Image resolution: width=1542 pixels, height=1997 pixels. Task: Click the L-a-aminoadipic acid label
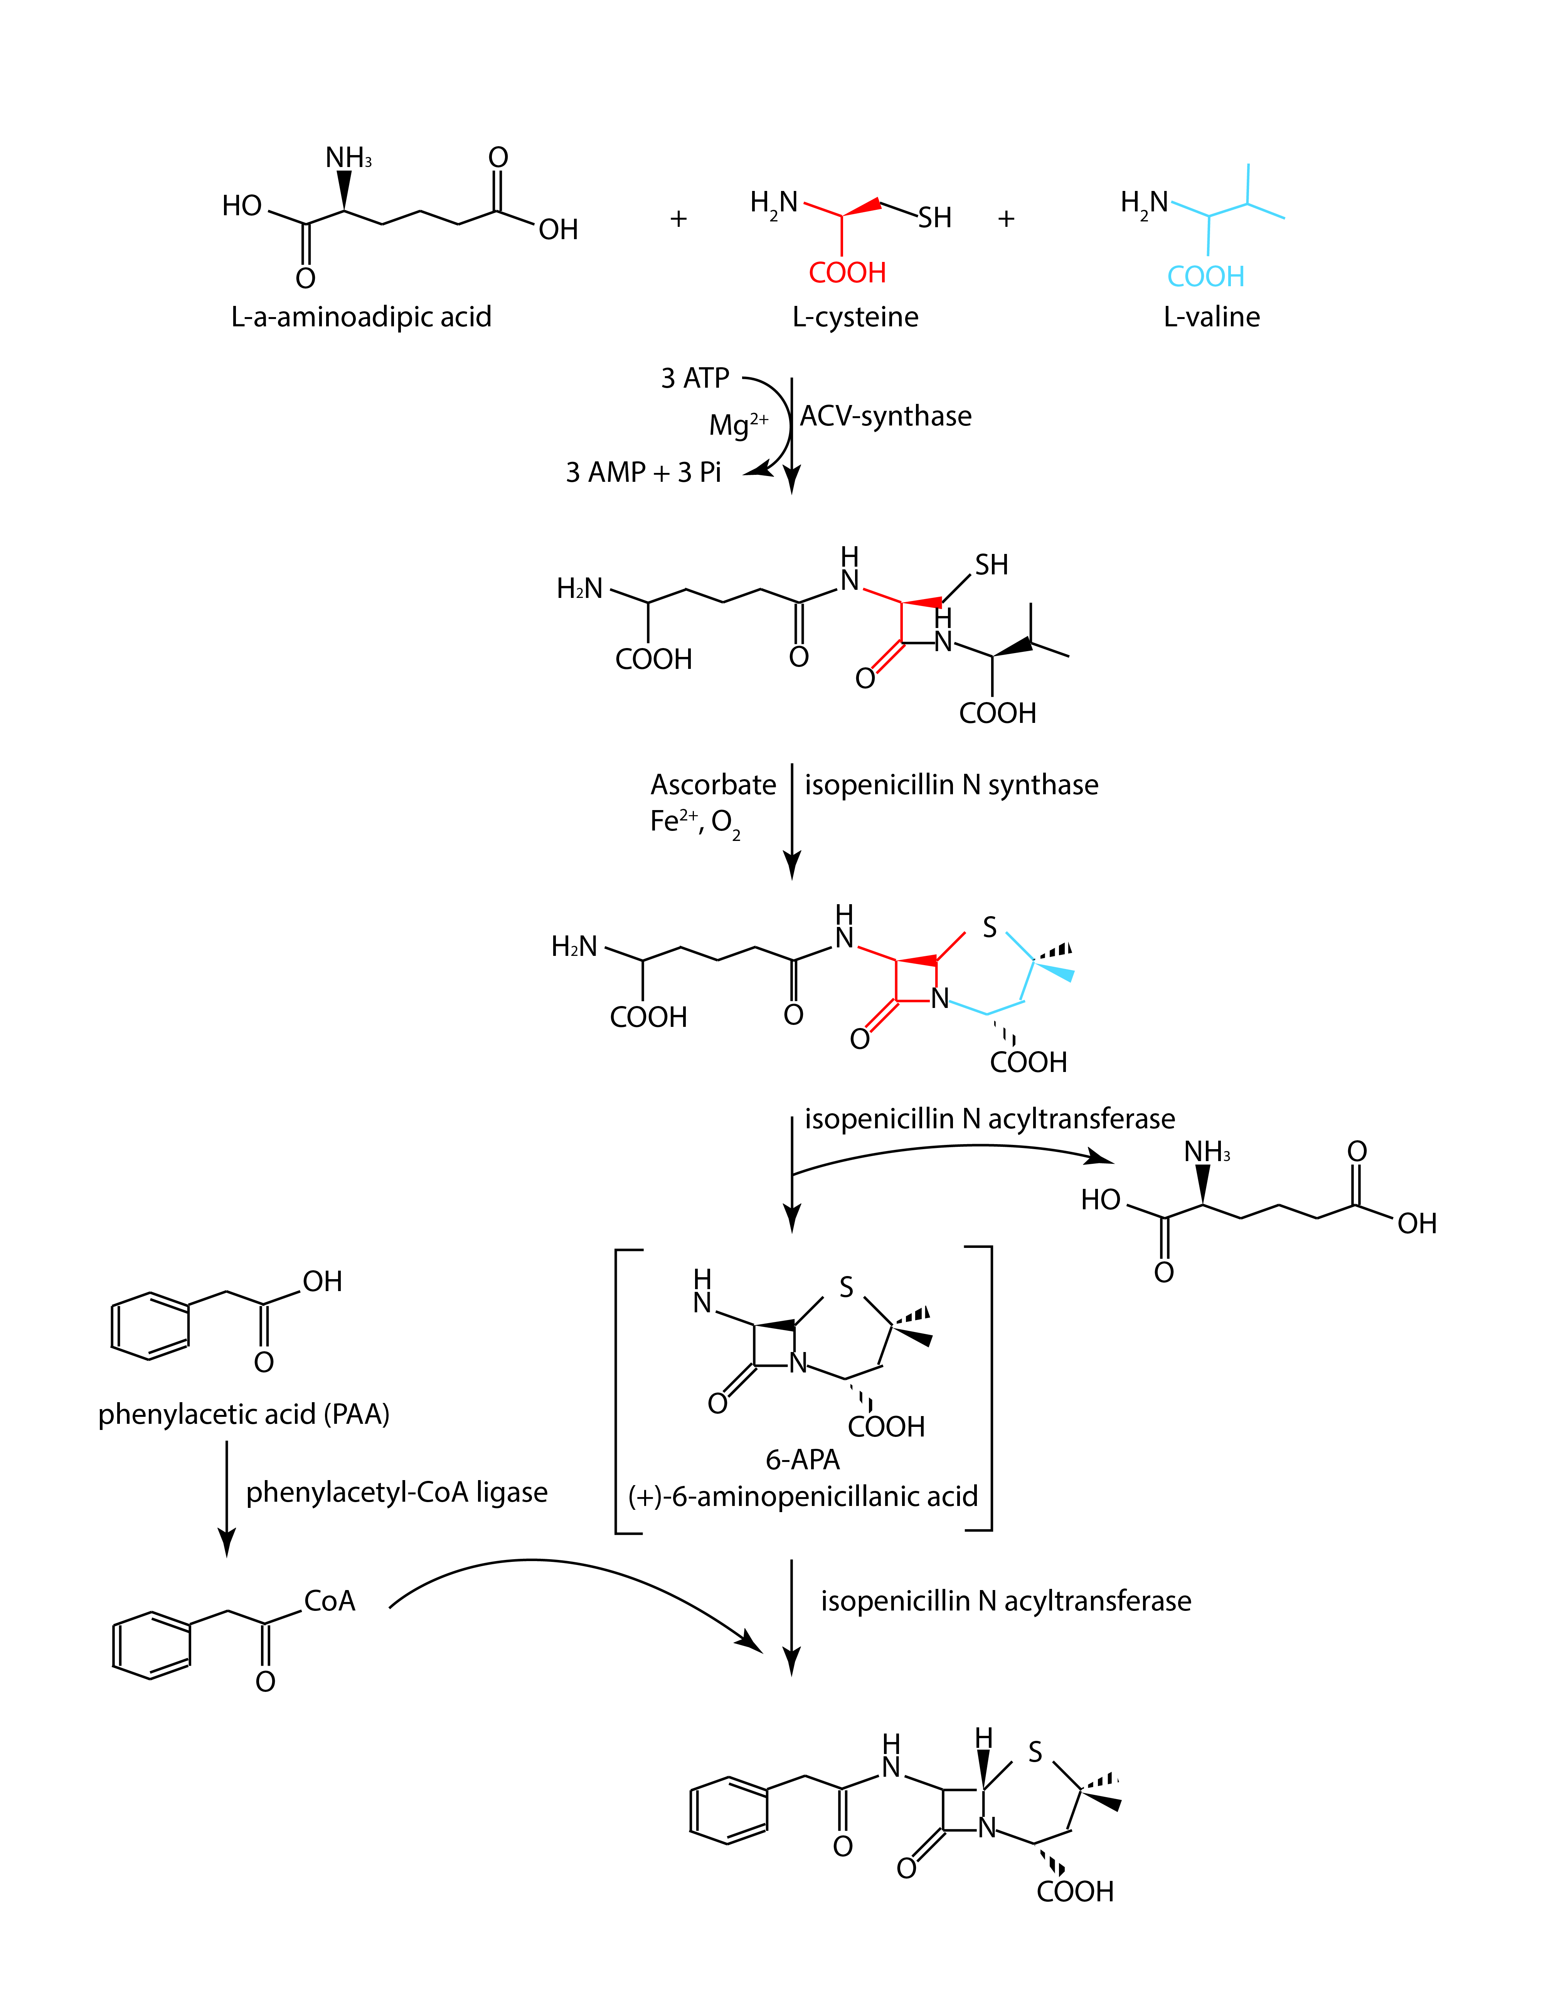pos(361,317)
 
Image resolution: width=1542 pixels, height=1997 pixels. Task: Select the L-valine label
pos(1211,317)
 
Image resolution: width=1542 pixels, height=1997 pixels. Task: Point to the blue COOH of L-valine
pos(1205,276)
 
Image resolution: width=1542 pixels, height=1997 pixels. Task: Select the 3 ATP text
pos(695,378)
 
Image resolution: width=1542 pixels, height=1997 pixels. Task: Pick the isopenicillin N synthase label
pos(951,785)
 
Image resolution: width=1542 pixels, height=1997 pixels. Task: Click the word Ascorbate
pos(713,785)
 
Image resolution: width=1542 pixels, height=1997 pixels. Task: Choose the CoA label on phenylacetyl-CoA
pos(329,1601)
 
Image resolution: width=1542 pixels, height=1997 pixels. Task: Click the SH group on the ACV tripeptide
pos(991,565)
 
